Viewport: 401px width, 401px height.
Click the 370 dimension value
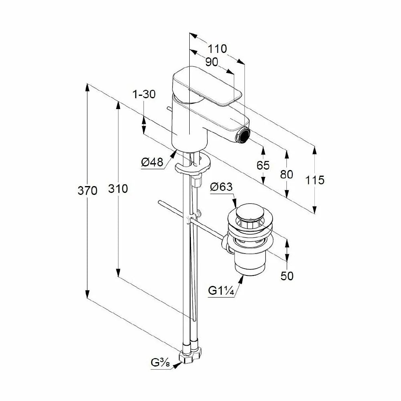tap(87, 191)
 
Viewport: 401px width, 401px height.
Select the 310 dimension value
tap(118, 189)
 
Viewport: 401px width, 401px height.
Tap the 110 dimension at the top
tap(217, 49)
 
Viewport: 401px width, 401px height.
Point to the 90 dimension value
tap(212, 62)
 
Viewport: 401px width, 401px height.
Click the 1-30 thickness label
tap(144, 94)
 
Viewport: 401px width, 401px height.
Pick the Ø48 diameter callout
tap(152, 162)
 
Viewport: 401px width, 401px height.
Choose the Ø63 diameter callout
tap(221, 187)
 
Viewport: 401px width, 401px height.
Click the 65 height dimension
tap(263, 166)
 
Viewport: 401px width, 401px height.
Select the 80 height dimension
tap(286, 175)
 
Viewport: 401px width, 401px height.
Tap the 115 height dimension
tap(315, 180)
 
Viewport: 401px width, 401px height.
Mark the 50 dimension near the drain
tap(287, 276)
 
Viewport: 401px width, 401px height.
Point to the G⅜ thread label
tap(160, 363)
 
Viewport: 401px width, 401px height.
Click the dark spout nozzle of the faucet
tap(244, 134)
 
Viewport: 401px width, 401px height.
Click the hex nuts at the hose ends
tap(190, 354)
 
